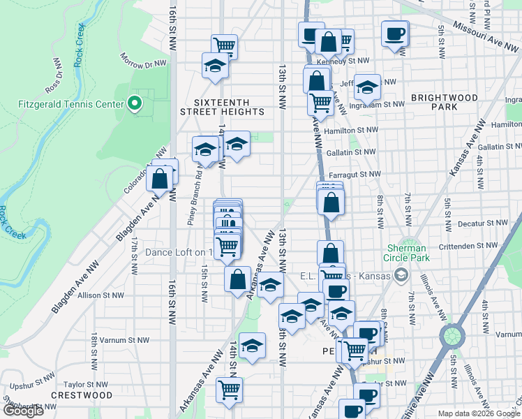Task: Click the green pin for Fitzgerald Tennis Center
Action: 135,105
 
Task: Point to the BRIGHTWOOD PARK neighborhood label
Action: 444,102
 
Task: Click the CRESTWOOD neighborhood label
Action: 82,395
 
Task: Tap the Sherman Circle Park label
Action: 408,253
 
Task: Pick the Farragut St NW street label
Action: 356,174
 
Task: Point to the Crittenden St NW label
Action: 472,246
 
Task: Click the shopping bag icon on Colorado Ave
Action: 160,179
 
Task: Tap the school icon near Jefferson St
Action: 367,88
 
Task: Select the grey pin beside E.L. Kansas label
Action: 401,276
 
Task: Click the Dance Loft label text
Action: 178,252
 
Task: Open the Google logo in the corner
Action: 22,411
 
